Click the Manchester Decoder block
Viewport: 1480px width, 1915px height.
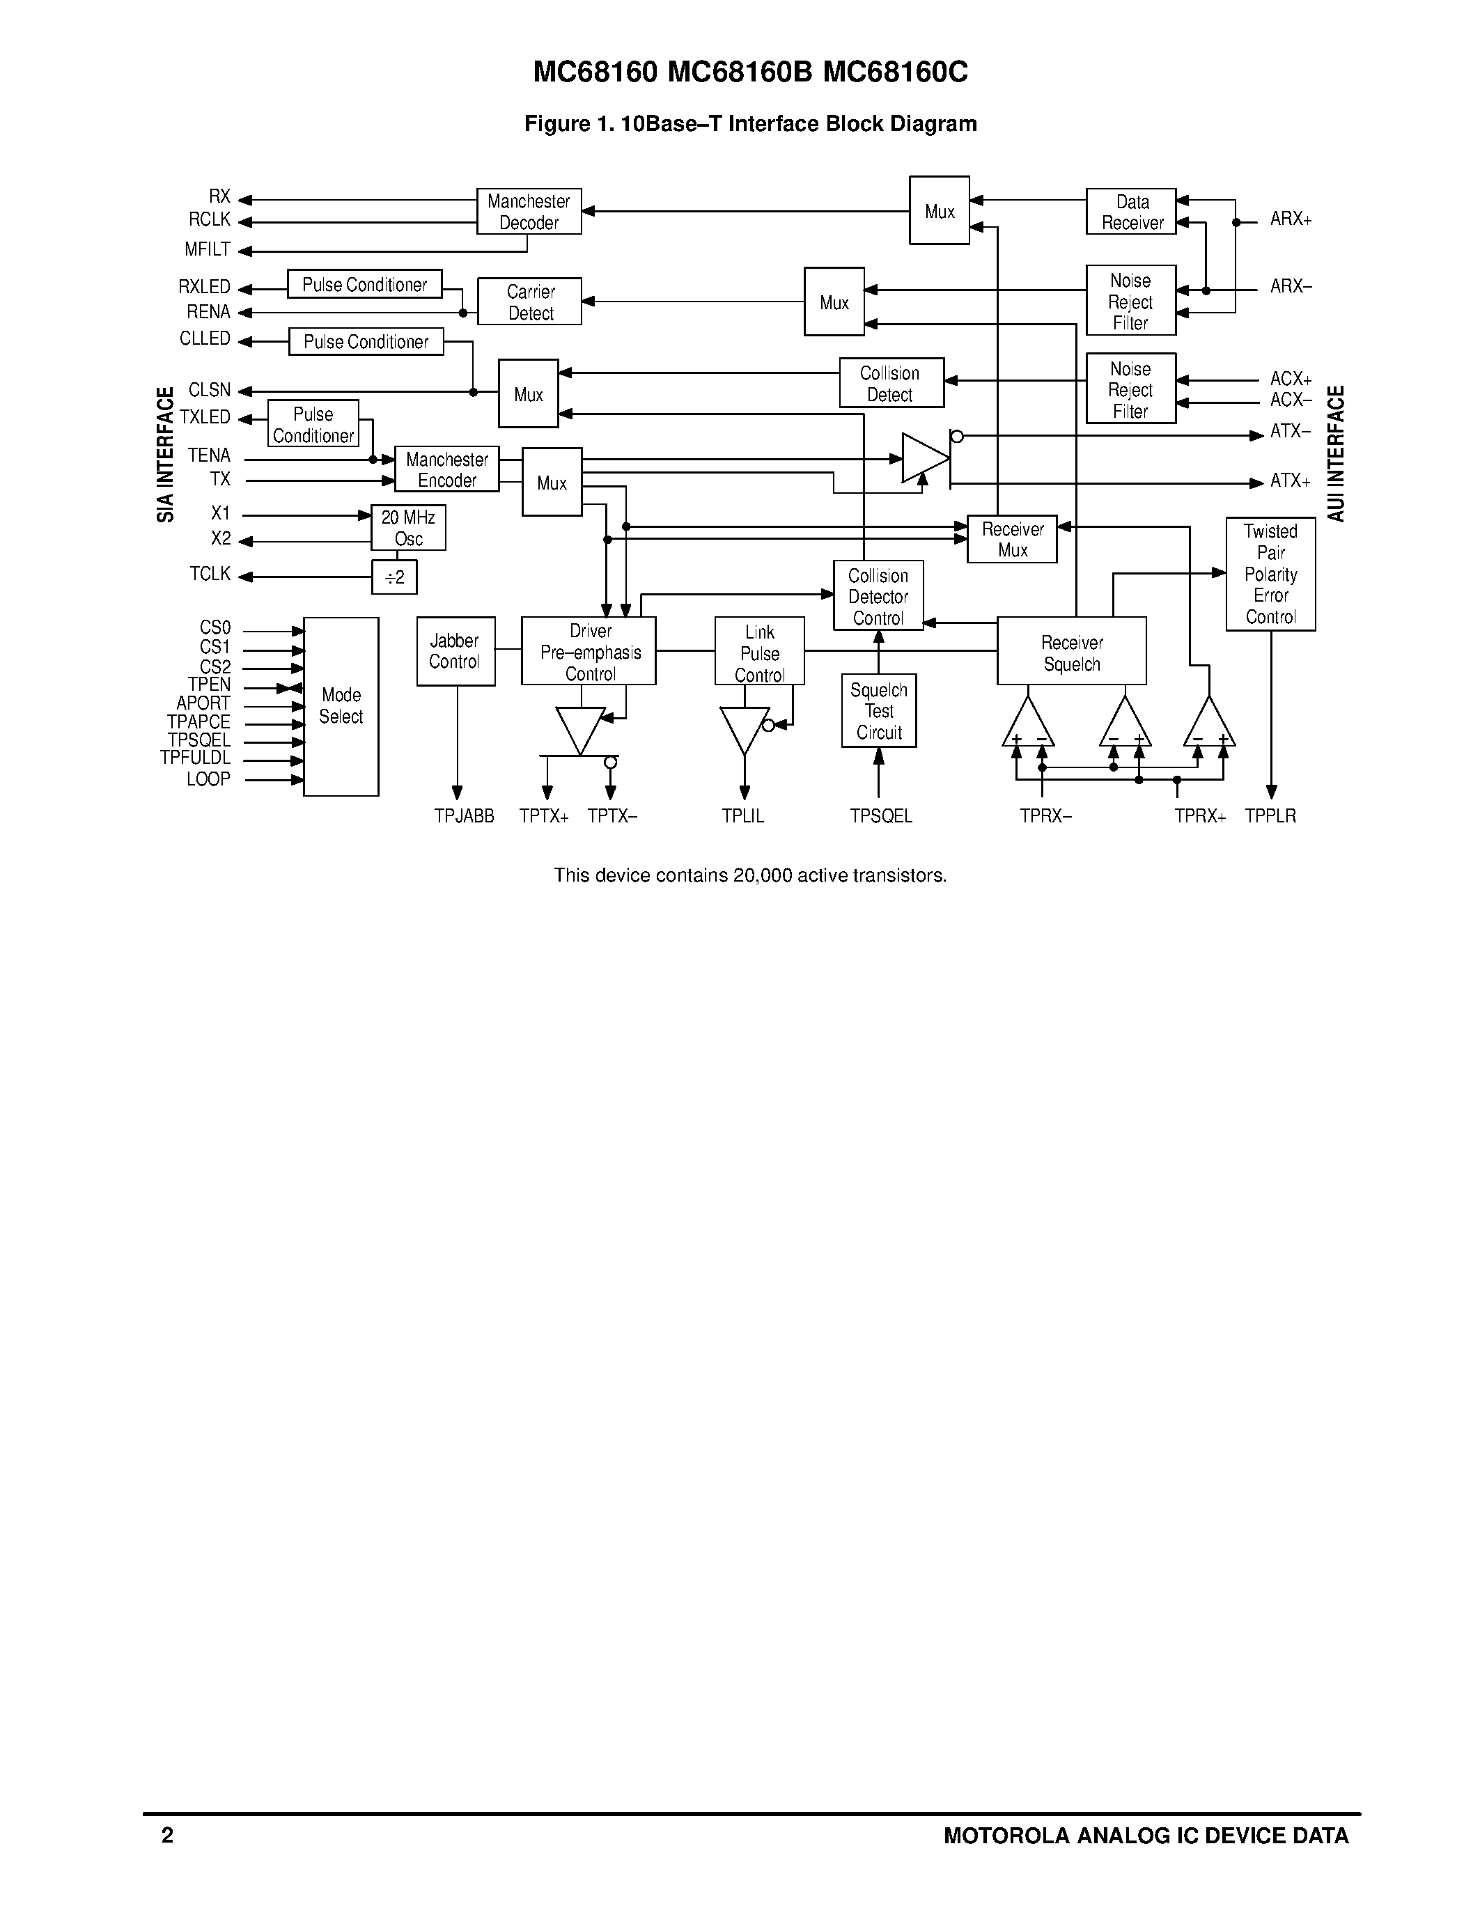[x=529, y=211]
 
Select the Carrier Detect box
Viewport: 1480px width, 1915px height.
[x=529, y=302]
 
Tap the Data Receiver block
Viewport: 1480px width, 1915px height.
[x=1130, y=211]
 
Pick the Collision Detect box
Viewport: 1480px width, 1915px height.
[x=891, y=383]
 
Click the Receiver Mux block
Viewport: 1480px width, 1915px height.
[x=1012, y=539]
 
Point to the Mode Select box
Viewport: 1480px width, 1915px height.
[x=341, y=706]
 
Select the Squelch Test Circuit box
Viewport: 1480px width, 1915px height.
[x=878, y=711]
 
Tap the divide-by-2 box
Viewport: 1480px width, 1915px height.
[x=394, y=577]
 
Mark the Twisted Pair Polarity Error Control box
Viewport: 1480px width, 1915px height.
[x=1270, y=574]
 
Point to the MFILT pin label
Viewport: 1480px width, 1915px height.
[x=208, y=250]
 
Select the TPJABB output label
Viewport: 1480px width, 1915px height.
[x=464, y=816]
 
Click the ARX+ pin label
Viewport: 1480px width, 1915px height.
[x=1291, y=219]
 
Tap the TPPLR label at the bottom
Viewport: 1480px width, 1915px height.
[x=1270, y=816]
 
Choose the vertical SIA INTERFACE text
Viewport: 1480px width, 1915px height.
[x=165, y=455]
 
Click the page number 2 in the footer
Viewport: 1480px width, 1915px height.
[x=167, y=1835]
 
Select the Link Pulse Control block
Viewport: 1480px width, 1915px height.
[x=759, y=652]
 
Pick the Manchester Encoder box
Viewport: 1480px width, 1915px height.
[x=447, y=469]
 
